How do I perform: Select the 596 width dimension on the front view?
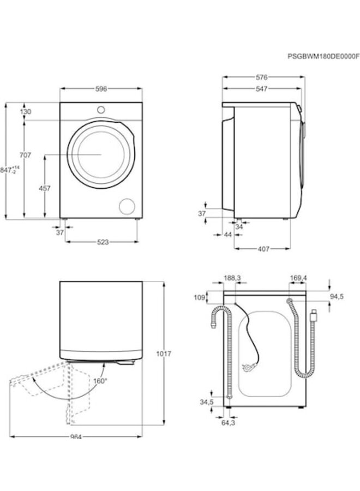100,88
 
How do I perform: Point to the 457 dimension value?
45,188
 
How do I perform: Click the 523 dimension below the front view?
101,242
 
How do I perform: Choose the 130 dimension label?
26,111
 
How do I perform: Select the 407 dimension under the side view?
263,249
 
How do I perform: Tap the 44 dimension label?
228,234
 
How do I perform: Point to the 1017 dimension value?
164,354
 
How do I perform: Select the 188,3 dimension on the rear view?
232,278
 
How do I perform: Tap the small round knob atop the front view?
100,110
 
